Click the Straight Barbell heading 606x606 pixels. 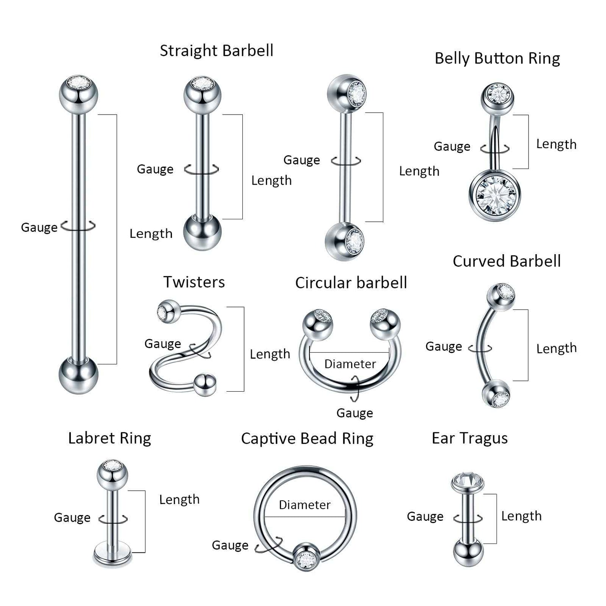click(x=216, y=51)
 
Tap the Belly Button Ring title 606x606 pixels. click(x=497, y=59)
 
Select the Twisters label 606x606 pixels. click(x=194, y=282)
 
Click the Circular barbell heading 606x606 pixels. click(x=351, y=283)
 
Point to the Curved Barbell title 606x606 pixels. click(x=507, y=261)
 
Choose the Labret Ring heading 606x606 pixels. click(x=109, y=438)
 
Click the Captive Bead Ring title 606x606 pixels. click(x=307, y=439)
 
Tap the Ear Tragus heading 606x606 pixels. click(x=470, y=438)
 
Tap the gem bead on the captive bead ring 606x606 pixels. click(x=306, y=559)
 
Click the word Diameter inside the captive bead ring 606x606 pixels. click(x=304, y=505)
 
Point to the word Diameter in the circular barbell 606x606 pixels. click(x=350, y=364)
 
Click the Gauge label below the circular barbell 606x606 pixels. click(x=354, y=414)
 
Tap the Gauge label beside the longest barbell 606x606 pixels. click(x=39, y=227)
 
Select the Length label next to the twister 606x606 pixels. click(x=270, y=354)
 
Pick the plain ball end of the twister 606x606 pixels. click(x=205, y=384)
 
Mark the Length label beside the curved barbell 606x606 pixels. click(x=557, y=349)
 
